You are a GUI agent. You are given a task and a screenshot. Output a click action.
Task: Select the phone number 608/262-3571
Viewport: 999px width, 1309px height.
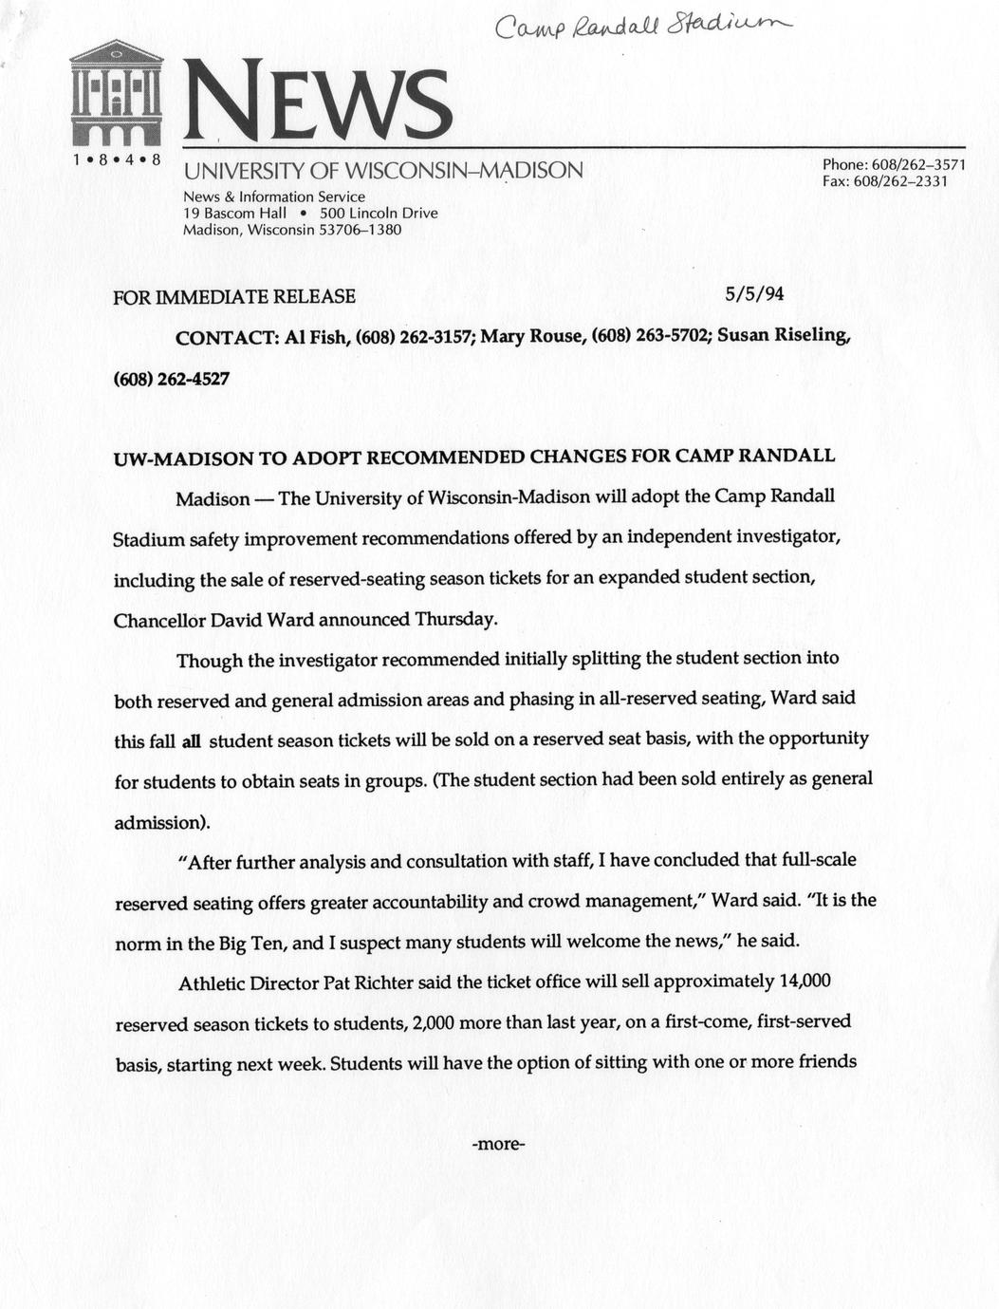917,164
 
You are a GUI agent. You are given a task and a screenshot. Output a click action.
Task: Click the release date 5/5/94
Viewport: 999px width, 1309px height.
754,294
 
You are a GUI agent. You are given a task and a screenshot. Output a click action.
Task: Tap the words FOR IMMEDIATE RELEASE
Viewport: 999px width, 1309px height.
234,296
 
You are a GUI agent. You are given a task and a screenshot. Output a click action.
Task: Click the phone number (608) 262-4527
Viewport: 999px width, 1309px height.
171,379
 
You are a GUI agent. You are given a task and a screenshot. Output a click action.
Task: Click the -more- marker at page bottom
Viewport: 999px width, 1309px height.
498,1143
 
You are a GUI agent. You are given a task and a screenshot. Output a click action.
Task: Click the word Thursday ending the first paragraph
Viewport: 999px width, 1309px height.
455,619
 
